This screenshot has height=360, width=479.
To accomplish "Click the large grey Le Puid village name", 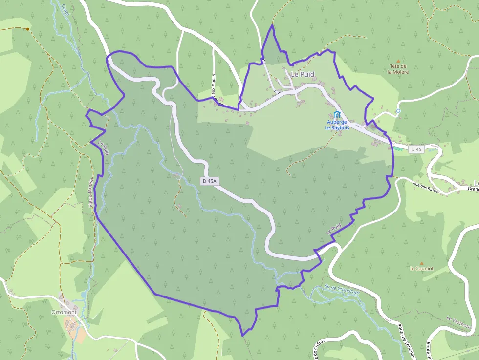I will [x=303, y=74].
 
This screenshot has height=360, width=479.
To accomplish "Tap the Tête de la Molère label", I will [x=397, y=69].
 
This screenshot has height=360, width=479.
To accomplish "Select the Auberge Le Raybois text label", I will [x=336, y=125].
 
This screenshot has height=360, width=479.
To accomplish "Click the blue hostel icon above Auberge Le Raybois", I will [x=337, y=114].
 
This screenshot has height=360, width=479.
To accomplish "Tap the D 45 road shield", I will [x=416, y=149].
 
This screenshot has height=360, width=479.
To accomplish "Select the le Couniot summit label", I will [x=421, y=269].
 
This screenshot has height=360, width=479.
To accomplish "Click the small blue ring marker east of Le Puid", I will [x=398, y=111].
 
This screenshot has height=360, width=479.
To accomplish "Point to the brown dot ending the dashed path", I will [x=28, y=29].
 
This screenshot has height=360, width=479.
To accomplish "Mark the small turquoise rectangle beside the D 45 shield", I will [x=399, y=149].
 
